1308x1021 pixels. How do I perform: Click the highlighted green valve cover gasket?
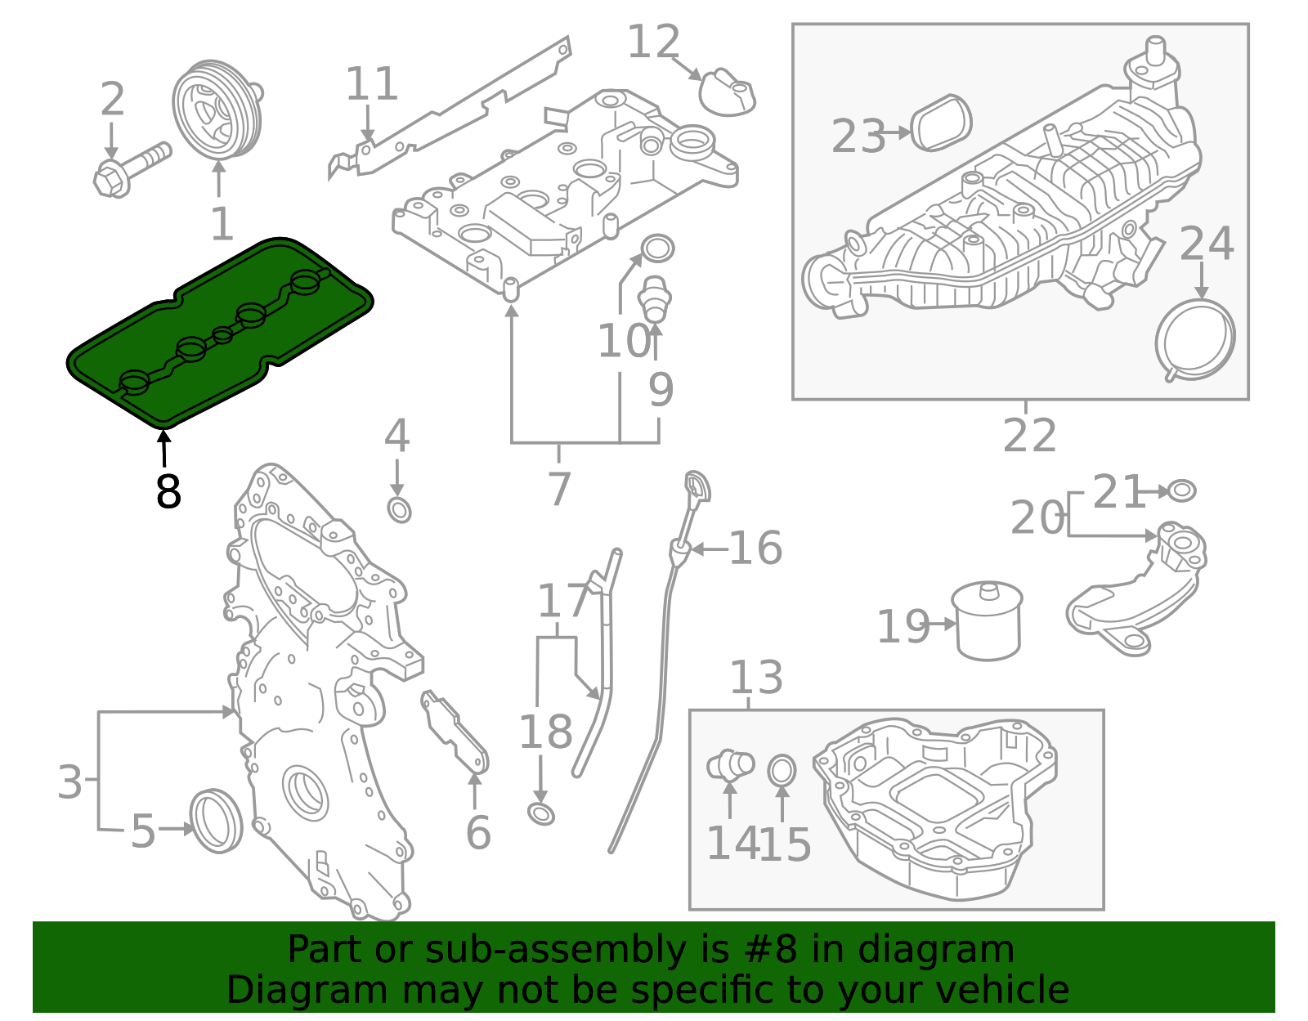pyautogui.click(x=221, y=335)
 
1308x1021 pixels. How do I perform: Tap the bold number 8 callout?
pyautogui.click(x=168, y=492)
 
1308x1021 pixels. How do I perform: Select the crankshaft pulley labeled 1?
pyautogui.click(x=216, y=109)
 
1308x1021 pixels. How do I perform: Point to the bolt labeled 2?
pyautogui.click(x=131, y=168)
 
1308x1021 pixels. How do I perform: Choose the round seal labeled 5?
pyautogui.click(x=217, y=820)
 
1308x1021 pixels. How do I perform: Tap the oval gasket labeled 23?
pyautogui.click(x=941, y=123)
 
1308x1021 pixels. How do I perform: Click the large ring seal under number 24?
pyautogui.click(x=1195, y=338)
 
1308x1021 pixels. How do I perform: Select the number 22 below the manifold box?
pyautogui.click(x=1029, y=436)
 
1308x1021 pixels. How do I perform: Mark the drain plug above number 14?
pyautogui.click(x=729, y=764)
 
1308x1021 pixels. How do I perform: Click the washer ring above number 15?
pyautogui.click(x=782, y=770)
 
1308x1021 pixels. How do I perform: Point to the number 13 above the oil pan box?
pyautogui.click(x=755, y=678)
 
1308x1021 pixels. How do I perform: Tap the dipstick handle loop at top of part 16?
pyautogui.click(x=697, y=487)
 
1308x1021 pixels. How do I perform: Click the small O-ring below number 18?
pyautogui.click(x=541, y=813)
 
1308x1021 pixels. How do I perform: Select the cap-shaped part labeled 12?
pyautogui.click(x=726, y=92)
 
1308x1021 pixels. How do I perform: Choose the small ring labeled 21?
pyautogui.click(x=1181, y=490)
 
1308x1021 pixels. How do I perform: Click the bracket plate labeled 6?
pyautogui.click(x=455, y=732)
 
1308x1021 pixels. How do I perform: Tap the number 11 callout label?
pyautogui.click(x=371, y=84)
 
